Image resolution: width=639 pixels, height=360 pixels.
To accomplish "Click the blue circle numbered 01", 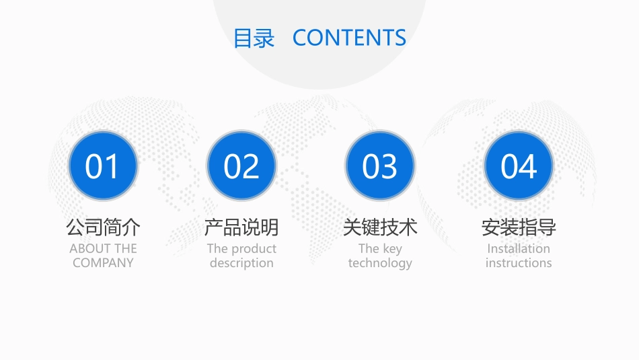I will (x=103, y=166).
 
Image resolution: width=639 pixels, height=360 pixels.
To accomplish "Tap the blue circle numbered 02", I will (x=241, y=166).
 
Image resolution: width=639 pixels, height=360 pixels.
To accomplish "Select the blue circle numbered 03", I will (x=380, y=166).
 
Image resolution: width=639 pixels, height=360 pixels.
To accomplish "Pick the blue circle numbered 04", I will (x=519, y=166).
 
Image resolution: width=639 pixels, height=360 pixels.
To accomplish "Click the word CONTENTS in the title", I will (x=349, y=38).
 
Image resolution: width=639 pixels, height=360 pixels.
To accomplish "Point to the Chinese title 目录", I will (x=254, y=38).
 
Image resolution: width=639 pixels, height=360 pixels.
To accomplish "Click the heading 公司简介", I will (x=103, y=227).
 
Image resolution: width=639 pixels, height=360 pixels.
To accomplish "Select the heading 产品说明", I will (x=241, y=227).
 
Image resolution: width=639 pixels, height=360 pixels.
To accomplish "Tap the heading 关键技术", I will (x=380, y=227).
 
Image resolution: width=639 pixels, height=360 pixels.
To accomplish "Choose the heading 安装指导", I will (x=519, y=227).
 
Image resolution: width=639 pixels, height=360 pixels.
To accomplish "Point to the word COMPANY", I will (x=103, y=263).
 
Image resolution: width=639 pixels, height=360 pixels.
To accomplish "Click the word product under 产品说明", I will (x=254, y=249).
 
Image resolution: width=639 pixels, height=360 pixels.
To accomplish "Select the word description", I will (x=241, y=263).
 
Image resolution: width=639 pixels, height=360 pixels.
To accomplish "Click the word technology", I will (x=380, y=263).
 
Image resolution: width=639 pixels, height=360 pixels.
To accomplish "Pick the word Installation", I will (x=519, y=248).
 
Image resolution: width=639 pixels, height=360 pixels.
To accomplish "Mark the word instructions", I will (x=519, y=263).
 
